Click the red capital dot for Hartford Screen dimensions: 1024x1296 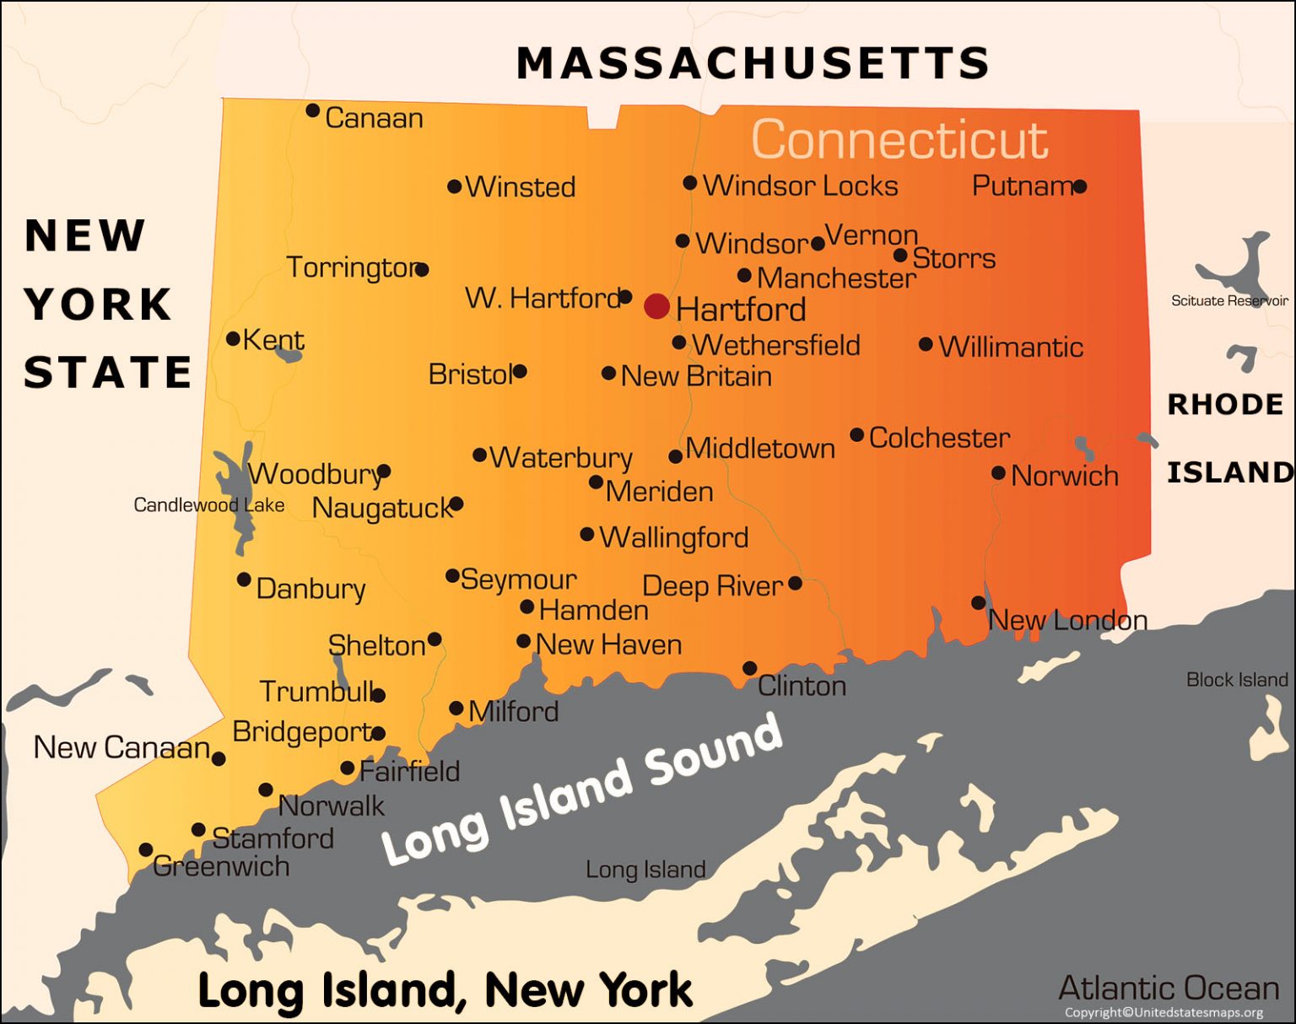tap(656, 306)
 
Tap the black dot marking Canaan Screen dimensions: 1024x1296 tap(312, 110)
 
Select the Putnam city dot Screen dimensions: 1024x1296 tap(1079, 186)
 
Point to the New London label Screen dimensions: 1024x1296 tap(1067, 621)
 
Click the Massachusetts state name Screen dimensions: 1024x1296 tap(753, 63)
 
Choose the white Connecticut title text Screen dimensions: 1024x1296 tap(899, 139)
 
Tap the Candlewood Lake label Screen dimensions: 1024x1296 tap(209, 505)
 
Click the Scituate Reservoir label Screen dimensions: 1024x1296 tap(1229, 301)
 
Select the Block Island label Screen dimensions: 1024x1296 tap(1237, 680)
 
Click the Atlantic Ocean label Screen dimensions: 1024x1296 tap(1169, 988)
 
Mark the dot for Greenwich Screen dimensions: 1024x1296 tap(146, 849)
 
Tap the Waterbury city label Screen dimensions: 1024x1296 tap(561, 458)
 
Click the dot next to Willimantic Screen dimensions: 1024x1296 tap(926, 344)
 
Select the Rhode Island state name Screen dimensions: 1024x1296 tap(1229, 439)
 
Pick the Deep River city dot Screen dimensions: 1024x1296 tap(795, 583)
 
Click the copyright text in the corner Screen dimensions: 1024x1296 tap(1164, 1012)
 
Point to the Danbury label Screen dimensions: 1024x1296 tap(310, 589)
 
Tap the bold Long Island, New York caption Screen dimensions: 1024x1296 tap(445, 989)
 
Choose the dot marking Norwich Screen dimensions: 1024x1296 tap(998, 473)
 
